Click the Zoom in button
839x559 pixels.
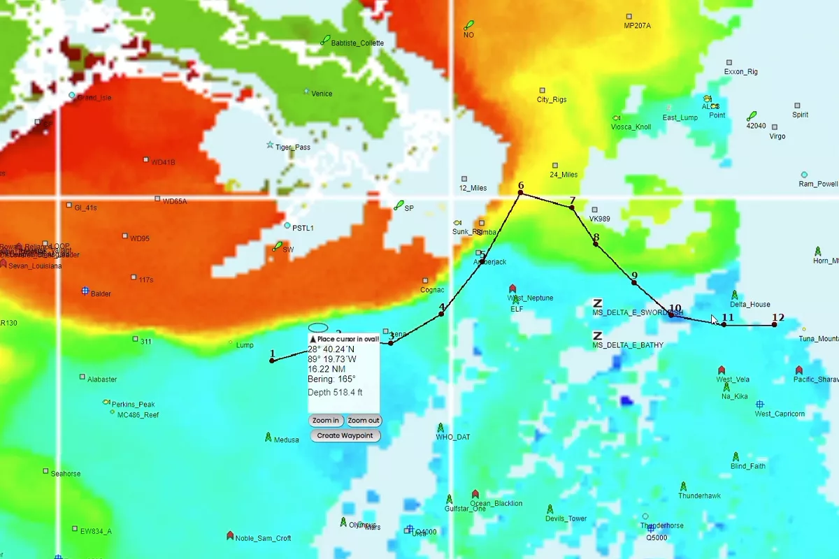pyautogui.click(x=326, y=421)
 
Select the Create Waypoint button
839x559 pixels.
pyautogui.click(x=345, y=435)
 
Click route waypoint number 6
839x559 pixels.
pyautogui.click(x=520, y=193)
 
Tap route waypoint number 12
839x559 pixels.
pyautogui.click(x=775, y=324)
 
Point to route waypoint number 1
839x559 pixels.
pyautogui.click(x=272, y=361)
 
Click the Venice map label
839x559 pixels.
pyautogui.click(x=322, y=94)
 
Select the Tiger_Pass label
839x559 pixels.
pyautogui.click(x=292, y=147)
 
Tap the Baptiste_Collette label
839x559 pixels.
pyautogui.click(x=357, y=43)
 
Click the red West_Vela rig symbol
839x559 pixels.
pyautogui.click(x=722, y=370)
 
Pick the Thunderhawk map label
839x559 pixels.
pyautogui.click(x=699, y=496)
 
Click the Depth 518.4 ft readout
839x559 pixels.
pyautogui.click(x=335, y=393)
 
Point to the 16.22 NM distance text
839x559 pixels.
pyautogui.click(x=327, y=368)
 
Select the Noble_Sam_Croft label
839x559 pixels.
pyautogui.click(x=263, y=538)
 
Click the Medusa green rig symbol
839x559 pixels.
pyautogui.click(x=268, y=437)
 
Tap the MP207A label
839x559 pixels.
pyautogui.click(x=637, y=26)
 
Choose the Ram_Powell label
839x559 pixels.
pyautogui.click(x=818, y=184)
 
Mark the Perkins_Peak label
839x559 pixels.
pyautogui.click(x=133, y=405)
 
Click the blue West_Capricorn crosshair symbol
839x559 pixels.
pyautogui.click(x=760, y=404)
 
